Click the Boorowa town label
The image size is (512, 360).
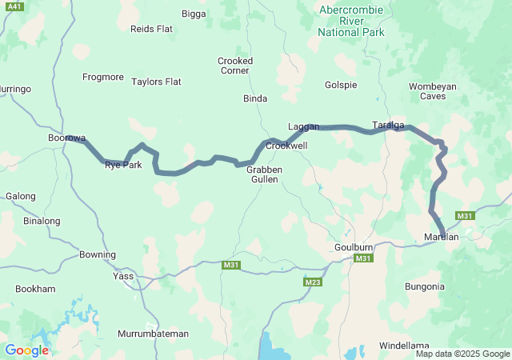[66, 138]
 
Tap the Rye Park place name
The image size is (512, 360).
[123, 165]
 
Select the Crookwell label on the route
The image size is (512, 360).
[286, 146]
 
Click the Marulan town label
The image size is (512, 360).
[441, 237]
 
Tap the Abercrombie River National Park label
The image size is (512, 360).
[350, 22]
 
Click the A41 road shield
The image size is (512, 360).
[14, 6]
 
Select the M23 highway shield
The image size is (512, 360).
[313, 282]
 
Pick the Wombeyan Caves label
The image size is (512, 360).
[433, 91]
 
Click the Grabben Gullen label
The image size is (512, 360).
[262, 174]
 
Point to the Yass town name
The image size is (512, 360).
[124, 276]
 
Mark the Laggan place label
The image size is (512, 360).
[303, 127]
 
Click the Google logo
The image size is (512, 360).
[26, 350]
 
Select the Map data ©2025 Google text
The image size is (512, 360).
[462, 354]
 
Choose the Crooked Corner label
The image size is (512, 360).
[235, 66]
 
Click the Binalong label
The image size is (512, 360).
[42, 221]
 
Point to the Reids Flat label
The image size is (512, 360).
[151, 29]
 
